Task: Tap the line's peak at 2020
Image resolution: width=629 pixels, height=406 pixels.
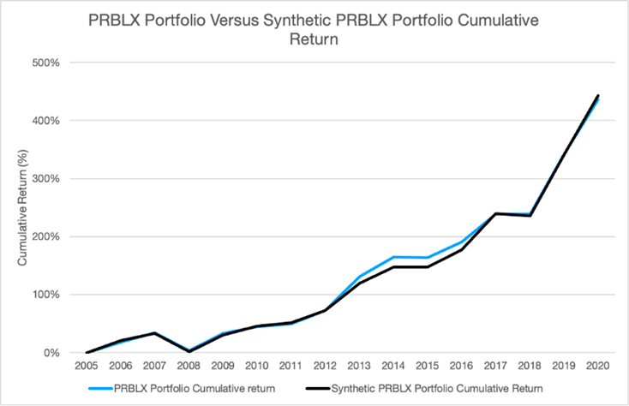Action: click(597, 96)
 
